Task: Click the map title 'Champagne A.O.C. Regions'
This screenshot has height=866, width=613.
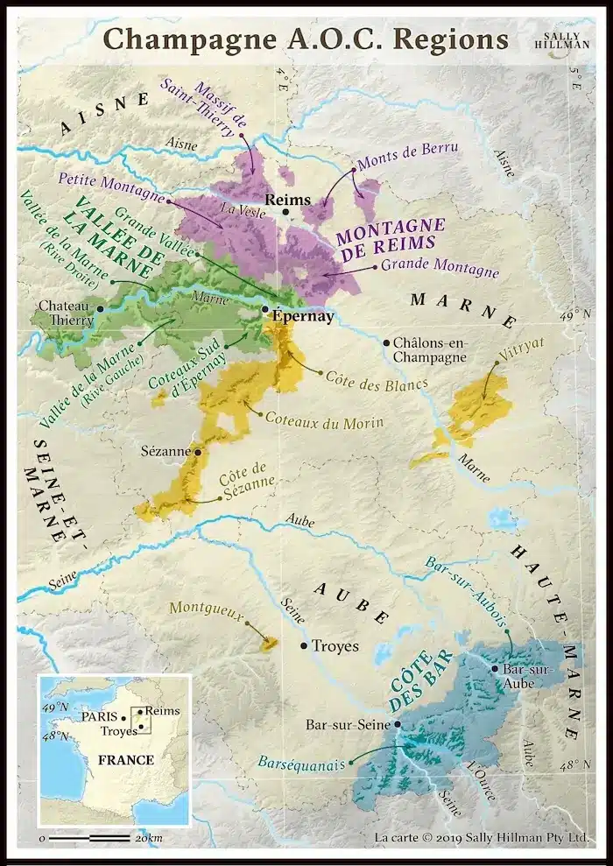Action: point(306,39)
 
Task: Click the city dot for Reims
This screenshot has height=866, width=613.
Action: point(285,212)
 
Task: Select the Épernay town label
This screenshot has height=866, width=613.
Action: point(303,317)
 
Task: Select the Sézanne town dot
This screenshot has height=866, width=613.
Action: point(199,453)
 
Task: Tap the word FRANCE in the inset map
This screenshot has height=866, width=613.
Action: point(125,759)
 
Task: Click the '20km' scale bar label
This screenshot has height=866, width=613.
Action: point(148,839)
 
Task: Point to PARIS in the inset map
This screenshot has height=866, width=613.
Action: point(99,716)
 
